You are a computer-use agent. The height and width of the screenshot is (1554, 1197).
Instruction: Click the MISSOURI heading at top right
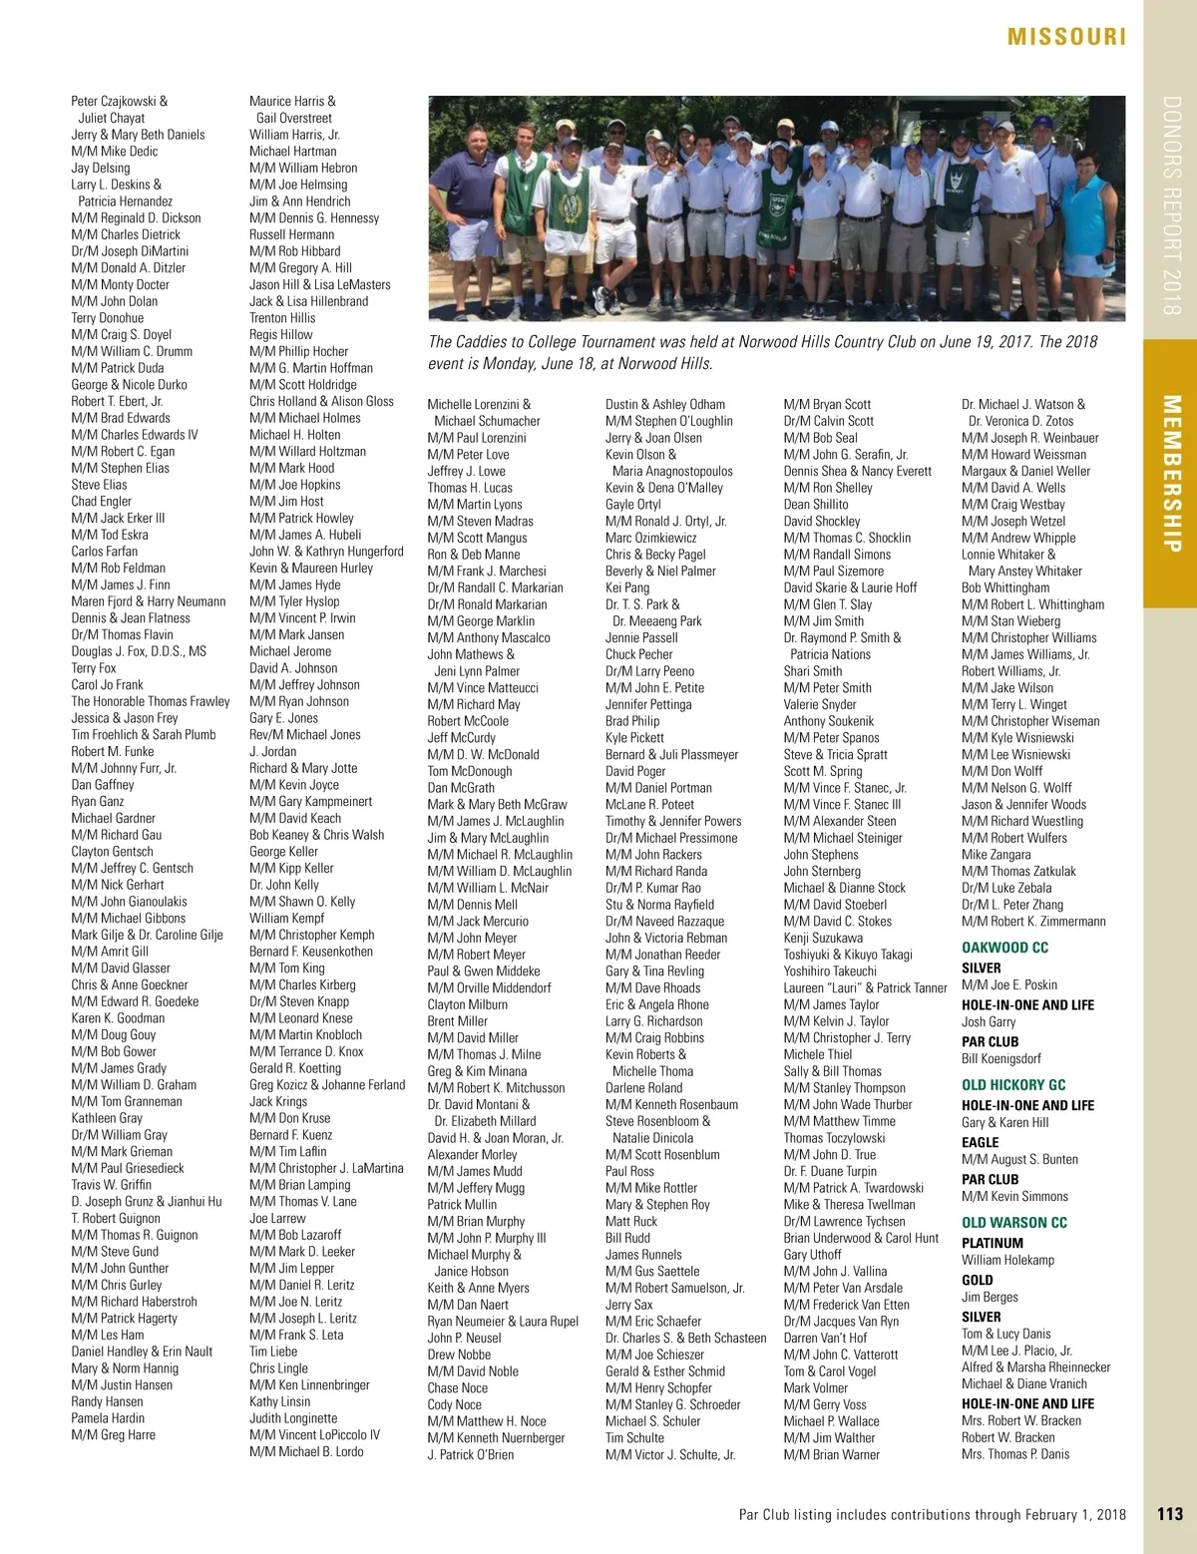[1066, 37]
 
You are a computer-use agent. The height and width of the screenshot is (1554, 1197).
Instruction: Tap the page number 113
[1170, 1514]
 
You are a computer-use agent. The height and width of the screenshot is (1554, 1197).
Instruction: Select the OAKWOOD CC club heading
[1004, 948]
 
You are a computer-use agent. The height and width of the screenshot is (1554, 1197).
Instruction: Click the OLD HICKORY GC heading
[1013, 1085]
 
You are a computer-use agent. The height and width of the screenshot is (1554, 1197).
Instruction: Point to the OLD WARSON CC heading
[1013, 1223]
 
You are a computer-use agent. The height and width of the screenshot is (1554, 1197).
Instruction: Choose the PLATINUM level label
[992, 1243]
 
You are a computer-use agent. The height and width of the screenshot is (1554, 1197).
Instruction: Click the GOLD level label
[977, 1280]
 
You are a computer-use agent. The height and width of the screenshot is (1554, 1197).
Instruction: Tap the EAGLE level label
[980, 1142]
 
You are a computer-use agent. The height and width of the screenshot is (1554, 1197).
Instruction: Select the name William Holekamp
[1007, 1260]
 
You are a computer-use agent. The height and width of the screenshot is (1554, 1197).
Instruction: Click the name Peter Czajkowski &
[119, 101]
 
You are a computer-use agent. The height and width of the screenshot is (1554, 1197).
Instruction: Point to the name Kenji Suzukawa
[823, 938]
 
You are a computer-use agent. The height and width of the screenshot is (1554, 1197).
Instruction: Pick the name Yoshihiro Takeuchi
[830, 971]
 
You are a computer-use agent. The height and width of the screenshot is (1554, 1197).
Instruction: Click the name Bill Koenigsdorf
[1000, 1058]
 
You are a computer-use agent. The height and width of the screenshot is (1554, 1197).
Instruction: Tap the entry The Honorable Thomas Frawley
[150, 701]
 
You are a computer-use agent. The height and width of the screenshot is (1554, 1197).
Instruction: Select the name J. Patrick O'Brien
[470, 1454]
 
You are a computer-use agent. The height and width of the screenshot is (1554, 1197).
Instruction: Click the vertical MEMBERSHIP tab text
[1172, 474]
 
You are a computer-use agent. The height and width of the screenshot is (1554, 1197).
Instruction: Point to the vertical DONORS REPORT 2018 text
[1172, 204]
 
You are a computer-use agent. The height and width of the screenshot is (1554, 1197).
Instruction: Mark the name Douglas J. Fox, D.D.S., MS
[139, 651]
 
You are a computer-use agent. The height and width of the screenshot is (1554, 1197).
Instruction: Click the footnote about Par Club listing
[932, 1514]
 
